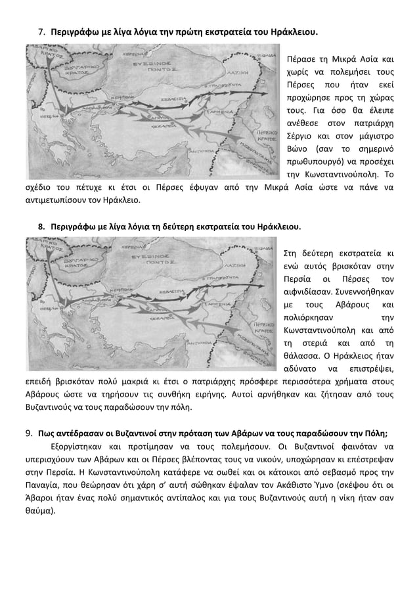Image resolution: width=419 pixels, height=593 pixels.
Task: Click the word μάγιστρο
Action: [x=375, y=136]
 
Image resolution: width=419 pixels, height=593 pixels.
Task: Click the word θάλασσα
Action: [x=300, y=353]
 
